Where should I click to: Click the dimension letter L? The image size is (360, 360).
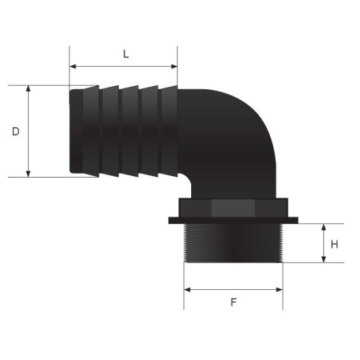point(125,54)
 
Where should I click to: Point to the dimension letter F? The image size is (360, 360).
point(233,303)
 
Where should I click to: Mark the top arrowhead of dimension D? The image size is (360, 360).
point(29,88)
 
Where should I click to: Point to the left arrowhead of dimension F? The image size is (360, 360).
point(187,288)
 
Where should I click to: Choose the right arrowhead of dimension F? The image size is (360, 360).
point(280,288)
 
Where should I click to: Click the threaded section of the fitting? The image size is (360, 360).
point(233,245)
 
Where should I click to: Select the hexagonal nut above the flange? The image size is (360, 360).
point(233,207)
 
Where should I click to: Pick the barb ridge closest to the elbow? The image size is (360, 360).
point(166,131)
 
